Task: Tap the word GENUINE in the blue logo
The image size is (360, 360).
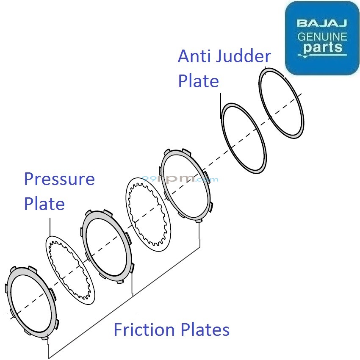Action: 322,36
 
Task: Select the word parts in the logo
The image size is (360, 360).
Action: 322,47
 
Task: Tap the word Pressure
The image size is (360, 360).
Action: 59,180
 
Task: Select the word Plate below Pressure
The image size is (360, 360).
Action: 44,204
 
